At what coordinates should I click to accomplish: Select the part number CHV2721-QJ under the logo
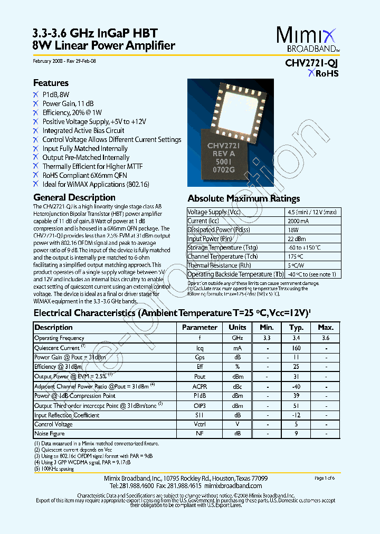coord(308,63)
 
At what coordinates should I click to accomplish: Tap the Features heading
coord(51,83)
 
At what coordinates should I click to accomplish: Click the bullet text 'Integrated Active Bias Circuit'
coord(83,130)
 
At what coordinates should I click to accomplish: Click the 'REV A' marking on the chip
coord(224,154)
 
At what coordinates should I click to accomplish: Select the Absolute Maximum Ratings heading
coord(244,198)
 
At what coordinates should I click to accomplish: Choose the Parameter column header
coord(199,327)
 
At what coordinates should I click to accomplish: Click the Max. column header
coord(325,327)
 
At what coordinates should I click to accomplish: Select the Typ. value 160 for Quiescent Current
coord(296,348)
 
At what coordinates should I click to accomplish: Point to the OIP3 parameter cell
coord(199,405)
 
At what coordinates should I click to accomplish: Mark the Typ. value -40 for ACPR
coord(296,386)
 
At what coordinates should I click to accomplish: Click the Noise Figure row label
coord(50,434)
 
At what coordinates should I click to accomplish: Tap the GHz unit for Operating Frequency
coord(237,338)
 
